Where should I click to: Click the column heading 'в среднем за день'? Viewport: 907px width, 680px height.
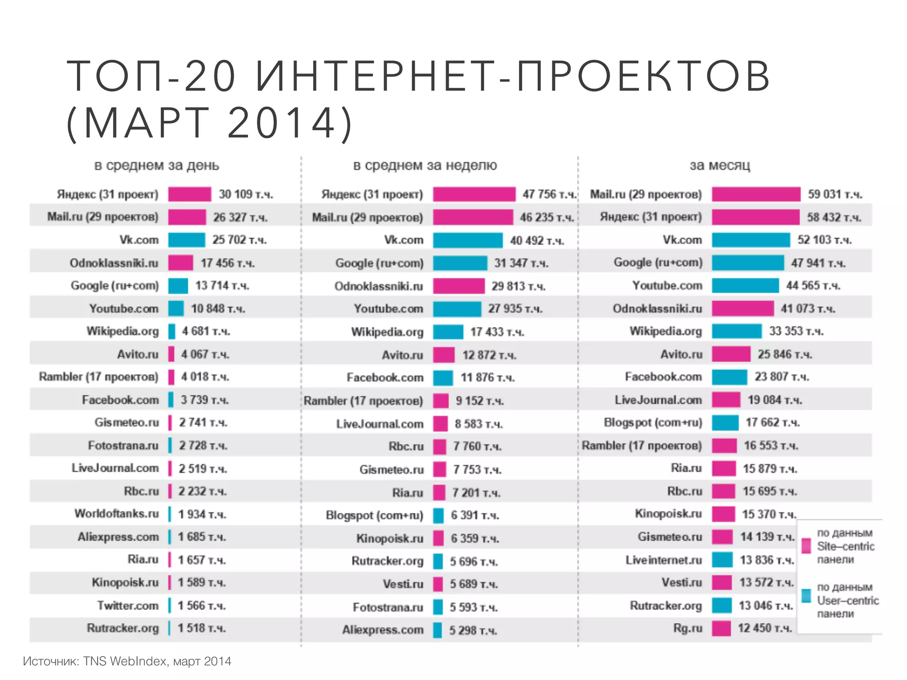coord(156,166)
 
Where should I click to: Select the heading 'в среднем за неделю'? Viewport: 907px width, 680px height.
coord(425,166)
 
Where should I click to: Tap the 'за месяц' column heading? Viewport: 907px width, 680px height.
coord(720,166)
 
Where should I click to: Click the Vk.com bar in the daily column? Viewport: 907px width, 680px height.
coord(186,240)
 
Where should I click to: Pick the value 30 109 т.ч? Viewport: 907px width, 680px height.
coord(245,194)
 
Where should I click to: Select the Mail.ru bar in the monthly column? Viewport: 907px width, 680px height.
coord(756,194)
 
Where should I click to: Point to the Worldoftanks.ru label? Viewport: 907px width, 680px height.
coord(116,514)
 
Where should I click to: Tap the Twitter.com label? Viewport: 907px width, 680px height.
coord(128,605)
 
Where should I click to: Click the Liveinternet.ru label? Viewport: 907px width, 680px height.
coord(663,560)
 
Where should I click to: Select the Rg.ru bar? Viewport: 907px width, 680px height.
coord(721,628)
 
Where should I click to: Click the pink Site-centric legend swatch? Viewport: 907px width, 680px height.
coord(806,545)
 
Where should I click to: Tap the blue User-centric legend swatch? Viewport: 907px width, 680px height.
coord(806,595)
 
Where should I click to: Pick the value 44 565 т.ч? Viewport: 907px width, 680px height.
coord(813,286)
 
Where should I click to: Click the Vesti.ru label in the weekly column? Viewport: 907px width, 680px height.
coord(403,584)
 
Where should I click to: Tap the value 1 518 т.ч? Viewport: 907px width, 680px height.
coord(202,628)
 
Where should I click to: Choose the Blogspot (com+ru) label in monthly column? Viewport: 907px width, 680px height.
coord(653,422)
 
